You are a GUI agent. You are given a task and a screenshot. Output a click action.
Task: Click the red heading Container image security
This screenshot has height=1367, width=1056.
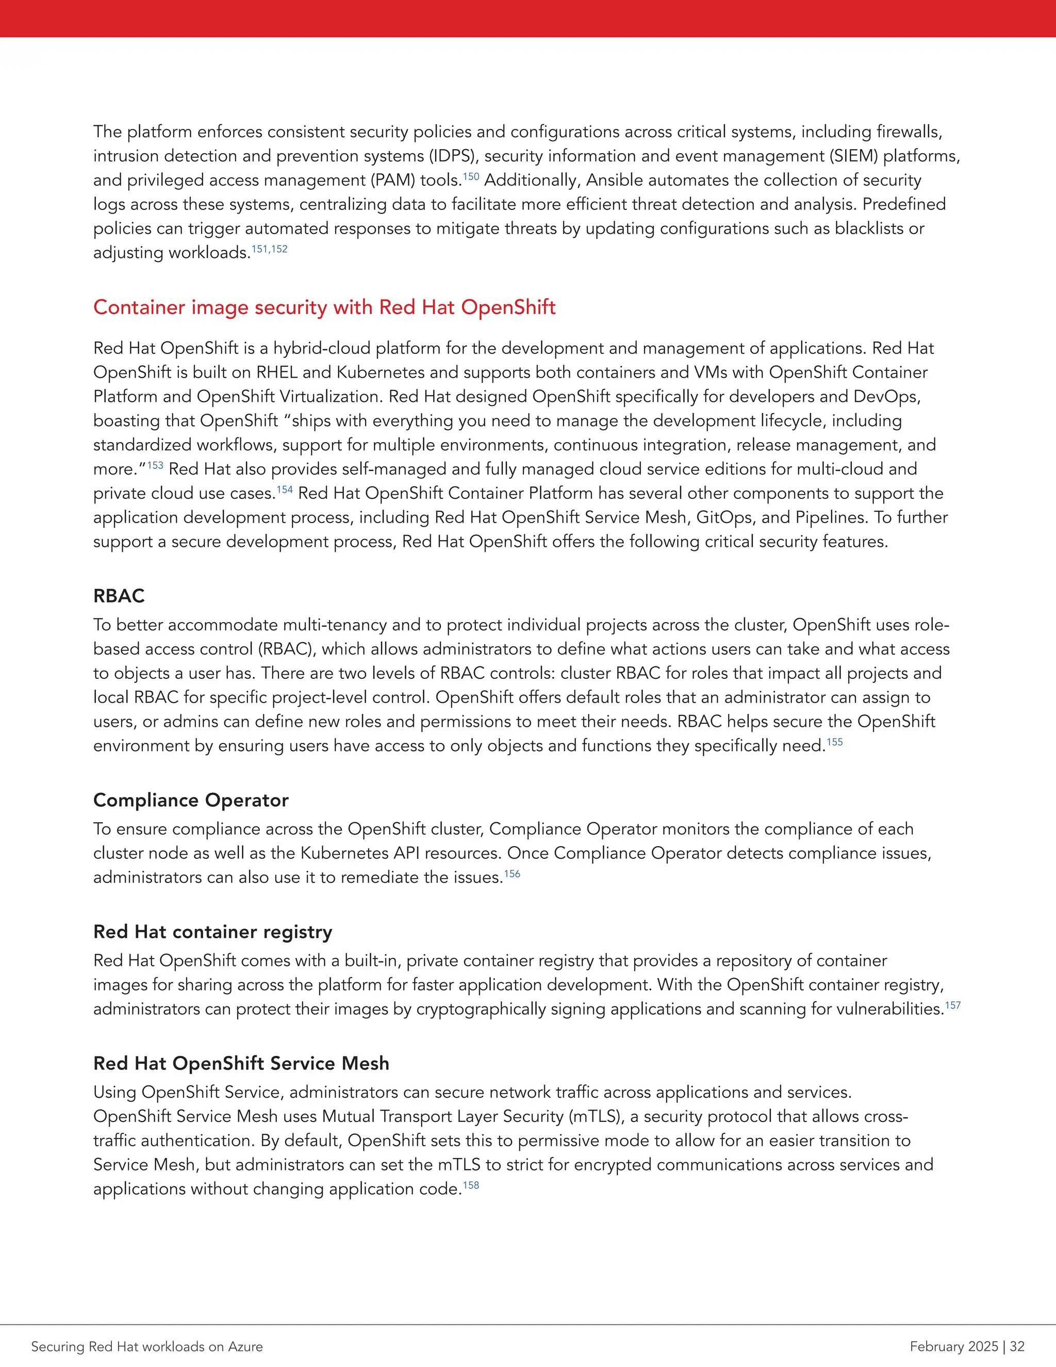pyautogui.click(x=324, y=307)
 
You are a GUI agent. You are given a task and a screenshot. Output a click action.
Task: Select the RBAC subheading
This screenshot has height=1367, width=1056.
pyautogui.click(x=119, y=595)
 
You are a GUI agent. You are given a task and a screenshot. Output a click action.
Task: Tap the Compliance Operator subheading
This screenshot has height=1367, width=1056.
pyautogui.click(x=191, y=800)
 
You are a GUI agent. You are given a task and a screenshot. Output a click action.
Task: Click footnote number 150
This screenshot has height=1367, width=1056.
pyautogui.click(x=471, y=176)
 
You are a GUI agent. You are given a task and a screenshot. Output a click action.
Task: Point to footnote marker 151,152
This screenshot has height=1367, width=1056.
pyautogui.click(x=270, y=249)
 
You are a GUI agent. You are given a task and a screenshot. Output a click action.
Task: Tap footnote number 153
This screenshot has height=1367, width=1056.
pyautogui.click(x=155, y=466)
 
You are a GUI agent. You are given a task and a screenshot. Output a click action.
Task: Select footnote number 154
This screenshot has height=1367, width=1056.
pyautogui.click(x=285, y=490)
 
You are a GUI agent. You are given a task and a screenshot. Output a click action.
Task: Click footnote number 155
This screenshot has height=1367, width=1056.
pyautogui.click(x=835, y=742)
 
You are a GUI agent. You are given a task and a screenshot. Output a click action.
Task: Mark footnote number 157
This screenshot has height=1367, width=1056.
pyautogui.click(x=952, y=1005)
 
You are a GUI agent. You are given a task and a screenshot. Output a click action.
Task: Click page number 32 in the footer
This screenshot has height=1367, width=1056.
pyautogui.click(x=1017, y=1346)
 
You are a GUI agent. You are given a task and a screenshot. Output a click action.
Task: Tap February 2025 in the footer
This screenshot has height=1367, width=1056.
pyautogui.click(x=953, y=1346)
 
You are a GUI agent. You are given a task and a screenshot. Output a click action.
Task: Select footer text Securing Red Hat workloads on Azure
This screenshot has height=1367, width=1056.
pyautogui.click(x=147, y=1346)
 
